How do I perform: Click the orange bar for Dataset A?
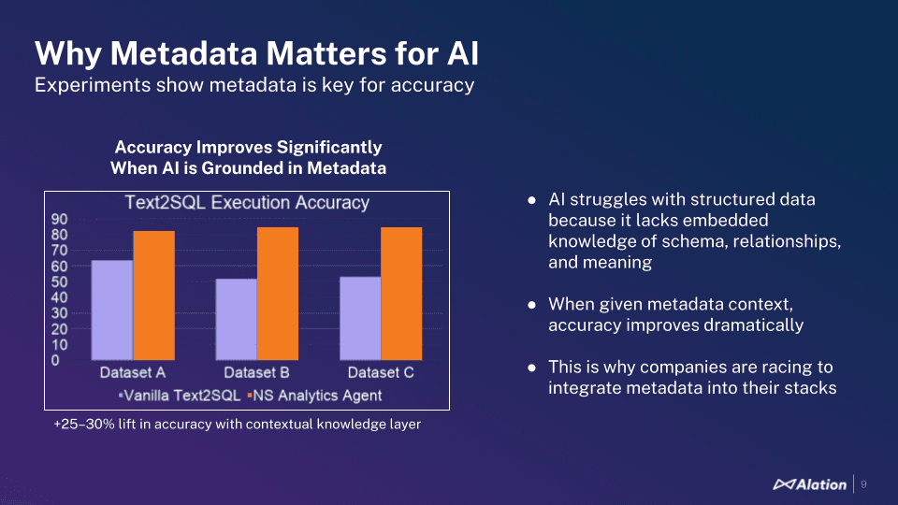pos(153,295)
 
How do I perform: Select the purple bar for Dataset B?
pos(236,318)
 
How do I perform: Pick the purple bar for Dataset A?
pos(112,309)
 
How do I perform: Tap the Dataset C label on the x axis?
pos(381,373)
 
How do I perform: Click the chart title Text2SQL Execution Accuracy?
pos(248,203)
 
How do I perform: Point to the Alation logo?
pos(810,484)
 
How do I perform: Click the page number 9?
pos(863,484)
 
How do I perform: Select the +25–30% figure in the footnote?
pos(82,425)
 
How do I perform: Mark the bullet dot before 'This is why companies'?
pos(531,368)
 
